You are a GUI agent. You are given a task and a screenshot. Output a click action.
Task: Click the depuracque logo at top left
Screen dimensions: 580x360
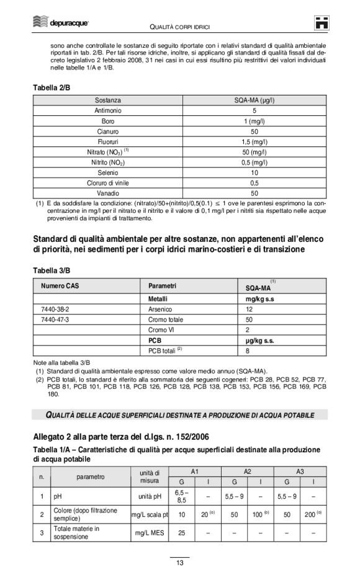(x=61, y=24)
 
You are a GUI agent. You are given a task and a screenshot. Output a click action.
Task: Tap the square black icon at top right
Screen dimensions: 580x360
(x=322, y=24)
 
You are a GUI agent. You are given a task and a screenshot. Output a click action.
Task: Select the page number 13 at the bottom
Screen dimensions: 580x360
(x=179, y=563)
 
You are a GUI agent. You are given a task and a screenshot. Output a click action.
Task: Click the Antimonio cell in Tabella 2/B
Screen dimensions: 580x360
(x=108, y=110)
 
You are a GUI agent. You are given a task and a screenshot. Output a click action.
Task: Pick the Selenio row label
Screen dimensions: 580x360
(x=108, y=172)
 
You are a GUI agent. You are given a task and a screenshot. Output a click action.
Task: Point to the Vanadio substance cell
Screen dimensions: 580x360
(x=108, y=193)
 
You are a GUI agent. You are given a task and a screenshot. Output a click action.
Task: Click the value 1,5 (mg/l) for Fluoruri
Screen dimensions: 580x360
(x=254, y=141)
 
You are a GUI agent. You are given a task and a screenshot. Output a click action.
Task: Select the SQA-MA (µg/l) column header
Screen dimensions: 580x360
(x=254, y=100)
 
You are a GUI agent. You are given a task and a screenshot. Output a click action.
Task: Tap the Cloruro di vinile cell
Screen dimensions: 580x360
(x=108, y=183)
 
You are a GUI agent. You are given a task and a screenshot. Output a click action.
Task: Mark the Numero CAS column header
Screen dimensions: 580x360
(x=60, y=286)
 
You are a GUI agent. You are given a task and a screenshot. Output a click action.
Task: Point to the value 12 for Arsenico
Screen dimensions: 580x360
(x=249, y=308)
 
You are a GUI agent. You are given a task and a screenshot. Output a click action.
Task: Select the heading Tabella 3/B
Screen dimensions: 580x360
(x=52, y=271)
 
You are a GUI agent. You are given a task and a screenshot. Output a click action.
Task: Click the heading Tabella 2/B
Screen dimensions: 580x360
(x=52, y=88)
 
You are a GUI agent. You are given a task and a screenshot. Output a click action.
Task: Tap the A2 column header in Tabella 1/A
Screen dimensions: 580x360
(x=247, y=472)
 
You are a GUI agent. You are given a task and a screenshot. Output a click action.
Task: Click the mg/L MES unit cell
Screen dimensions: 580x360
(x=150, y=532)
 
